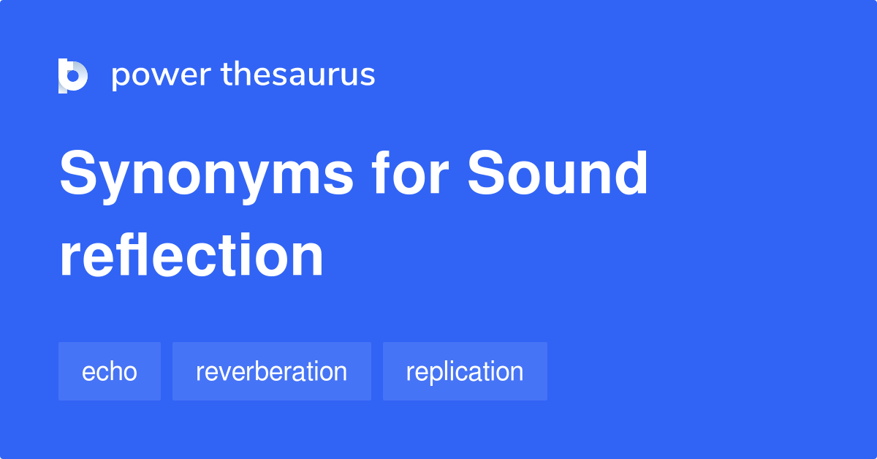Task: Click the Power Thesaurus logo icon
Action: pyautogui.click(x=72, y=75)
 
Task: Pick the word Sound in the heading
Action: pyautogui.click(x=558, y=174)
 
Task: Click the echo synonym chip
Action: pyautogui.click(x=110, y=371)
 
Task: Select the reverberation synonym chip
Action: pyautogui.click(x=271, y=371)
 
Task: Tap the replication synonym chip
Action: pyautogui.click(x=465, y=371)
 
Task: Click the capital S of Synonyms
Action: pyautogui.click(x=80, y=174)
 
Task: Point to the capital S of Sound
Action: pyautogui.click(x=488, y=174)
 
